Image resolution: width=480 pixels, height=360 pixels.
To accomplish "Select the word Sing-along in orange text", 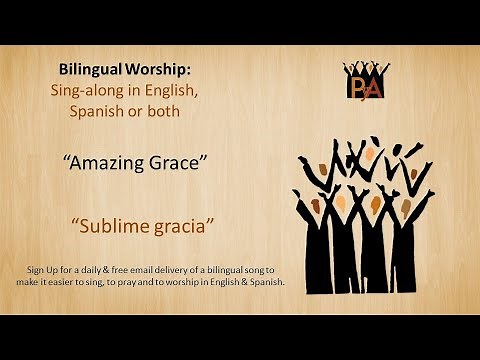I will (x=86, y=91).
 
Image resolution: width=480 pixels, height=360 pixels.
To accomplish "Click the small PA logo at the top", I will (x=365, y=80).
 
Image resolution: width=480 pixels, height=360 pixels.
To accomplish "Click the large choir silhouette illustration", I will (x=363, y=215).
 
